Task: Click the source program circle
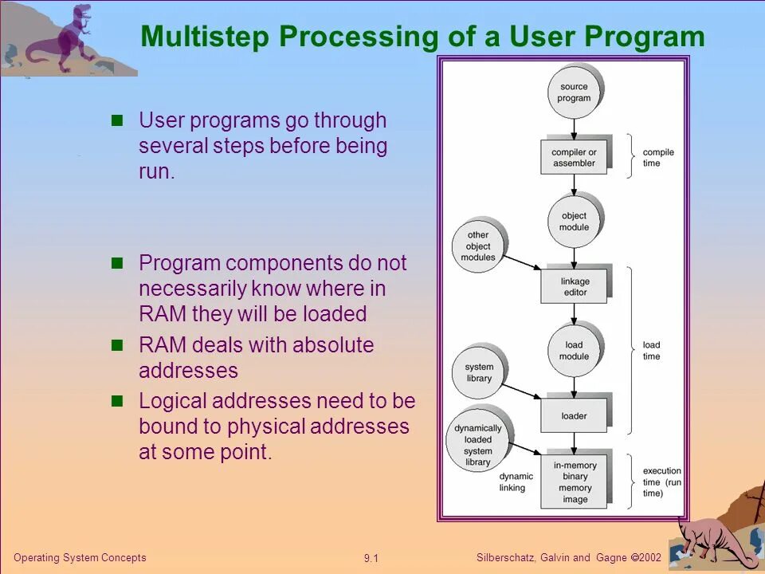[574, 92]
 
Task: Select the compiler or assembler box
[574, 157]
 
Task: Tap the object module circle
[574, 221]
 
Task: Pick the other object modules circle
[478, 246]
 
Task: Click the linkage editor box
[575, 286]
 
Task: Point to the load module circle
[574, 350]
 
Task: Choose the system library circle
[479, 372]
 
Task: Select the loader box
[574, 415]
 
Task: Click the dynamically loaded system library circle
[478, 445]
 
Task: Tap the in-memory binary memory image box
[575, 482]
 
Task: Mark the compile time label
[657, 157]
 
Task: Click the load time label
[651, 350]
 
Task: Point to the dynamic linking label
[516, 482]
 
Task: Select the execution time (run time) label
[662, 482]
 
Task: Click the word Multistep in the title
[204, 37]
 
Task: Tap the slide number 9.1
[371, 558]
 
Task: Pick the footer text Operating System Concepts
[80, 557]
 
